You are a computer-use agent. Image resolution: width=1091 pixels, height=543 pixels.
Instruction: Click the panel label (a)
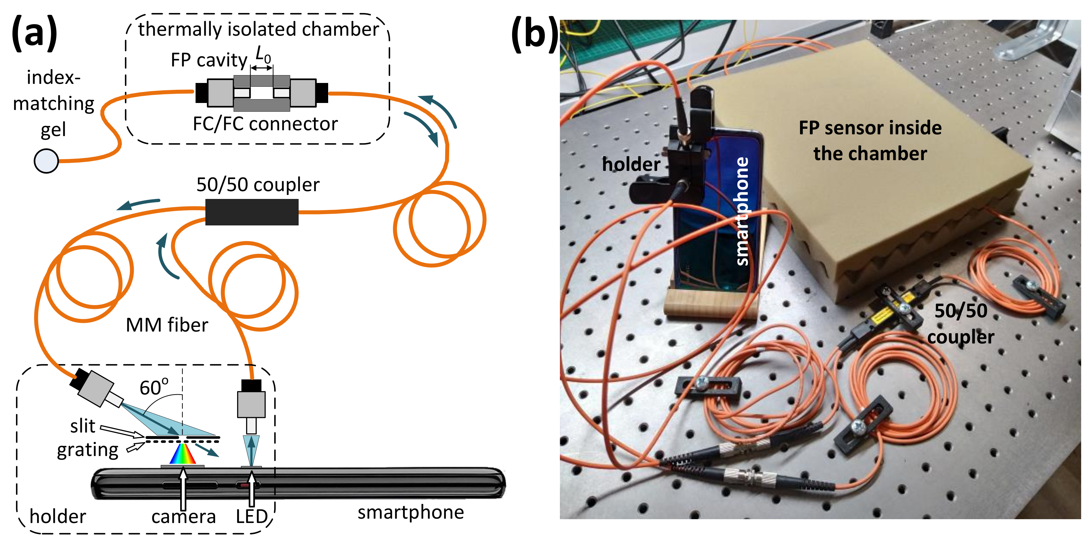(x=34, y=33)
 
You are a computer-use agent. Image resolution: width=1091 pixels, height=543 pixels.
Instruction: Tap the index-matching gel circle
(x=46, y=161)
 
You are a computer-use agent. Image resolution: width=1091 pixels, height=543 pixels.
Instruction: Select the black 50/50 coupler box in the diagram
(x=252, y=212)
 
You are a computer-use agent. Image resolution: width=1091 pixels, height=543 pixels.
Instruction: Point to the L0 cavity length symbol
(x=263, y=55)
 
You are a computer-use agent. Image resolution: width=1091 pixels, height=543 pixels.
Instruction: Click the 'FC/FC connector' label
(x=265, y=124)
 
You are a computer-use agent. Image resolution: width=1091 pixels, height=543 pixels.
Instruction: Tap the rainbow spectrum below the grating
(x=183, y=454)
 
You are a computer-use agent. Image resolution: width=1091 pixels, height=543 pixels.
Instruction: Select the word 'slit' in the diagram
(x=83, y=426)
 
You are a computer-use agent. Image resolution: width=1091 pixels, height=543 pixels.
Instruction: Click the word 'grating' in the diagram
(x=88, y=450)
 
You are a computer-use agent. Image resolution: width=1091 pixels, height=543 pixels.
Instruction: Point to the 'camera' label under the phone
(x=183, y=516)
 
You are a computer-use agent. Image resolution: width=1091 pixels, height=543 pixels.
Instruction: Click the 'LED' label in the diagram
(x=252, y=516)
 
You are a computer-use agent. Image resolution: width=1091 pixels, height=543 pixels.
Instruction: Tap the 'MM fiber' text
(x=167, y=325)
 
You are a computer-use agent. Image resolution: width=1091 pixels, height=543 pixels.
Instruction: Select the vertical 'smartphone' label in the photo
(x=742, y=212)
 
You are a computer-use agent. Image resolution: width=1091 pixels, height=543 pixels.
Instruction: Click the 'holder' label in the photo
(x=631, y=164)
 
